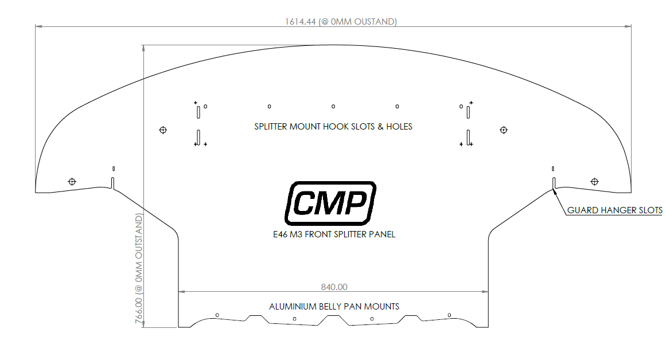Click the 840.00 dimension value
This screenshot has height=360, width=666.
(333, 287)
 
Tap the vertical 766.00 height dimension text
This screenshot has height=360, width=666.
(139, 269)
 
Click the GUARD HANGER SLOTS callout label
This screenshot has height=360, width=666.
(614, 210)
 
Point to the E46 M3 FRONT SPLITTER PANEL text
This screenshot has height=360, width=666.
(334, 234)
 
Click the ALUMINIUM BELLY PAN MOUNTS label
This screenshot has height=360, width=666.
(334, 306)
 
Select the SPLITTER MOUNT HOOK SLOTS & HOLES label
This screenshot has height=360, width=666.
(333, 126)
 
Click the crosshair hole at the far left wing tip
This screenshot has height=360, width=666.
(72, 182)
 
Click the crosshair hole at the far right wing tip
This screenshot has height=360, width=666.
(594, 182)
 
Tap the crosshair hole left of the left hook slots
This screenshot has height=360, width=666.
(163, 130)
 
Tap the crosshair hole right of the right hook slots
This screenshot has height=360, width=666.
(504, 130)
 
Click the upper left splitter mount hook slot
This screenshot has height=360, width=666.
(198, 111)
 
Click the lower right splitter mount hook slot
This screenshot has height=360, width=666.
(469, 137)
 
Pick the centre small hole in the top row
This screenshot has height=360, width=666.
(333, 106)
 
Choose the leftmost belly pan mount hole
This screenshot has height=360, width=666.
(217, 315)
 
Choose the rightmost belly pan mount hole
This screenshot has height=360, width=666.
(449, 315)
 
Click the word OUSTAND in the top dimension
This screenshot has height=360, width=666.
(375, 22)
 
